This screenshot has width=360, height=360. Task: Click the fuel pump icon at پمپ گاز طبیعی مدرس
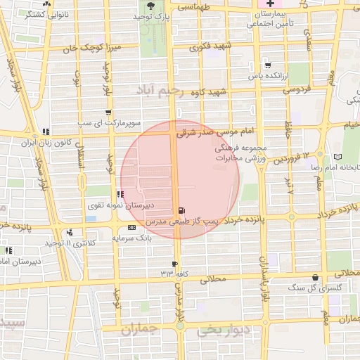point(183,210)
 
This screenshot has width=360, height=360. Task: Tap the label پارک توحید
point(153,16)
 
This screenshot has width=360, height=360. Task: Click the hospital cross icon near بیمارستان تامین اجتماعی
point(270,5)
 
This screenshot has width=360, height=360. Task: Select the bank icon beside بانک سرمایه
point(132,228)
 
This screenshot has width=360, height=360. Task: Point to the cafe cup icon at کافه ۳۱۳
point(175,264)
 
